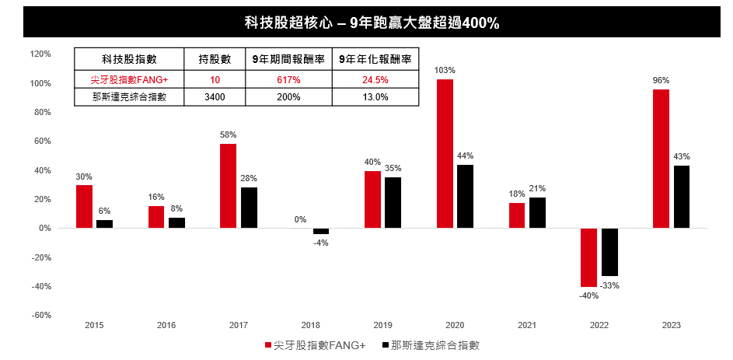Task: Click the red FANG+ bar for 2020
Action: click(x=445, y=153)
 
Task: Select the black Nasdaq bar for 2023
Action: click(x=682, y=197)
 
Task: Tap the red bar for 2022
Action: click(x=589, y=257)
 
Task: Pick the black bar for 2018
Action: click(x=321, y=231)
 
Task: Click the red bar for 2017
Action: click(x=229, y=186)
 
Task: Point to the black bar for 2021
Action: click(x=537, y=212)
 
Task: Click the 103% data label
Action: click(x=445, y=70)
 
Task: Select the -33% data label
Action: click(x=610, y=285)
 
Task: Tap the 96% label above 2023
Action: click(x=661, y=80)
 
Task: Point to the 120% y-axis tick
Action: click(x=40, y=54)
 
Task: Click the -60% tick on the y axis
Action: click(x=40, y=315)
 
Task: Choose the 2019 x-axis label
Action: click(x=383, y=325)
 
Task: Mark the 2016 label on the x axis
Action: click(x=166, y=325)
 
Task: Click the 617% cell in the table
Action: click(x=288, y=79)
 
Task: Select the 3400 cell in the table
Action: click(x=215, y=97)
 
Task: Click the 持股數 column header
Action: click(x=215, y=58)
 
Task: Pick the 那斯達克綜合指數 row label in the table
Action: click(x=130, y=97)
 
